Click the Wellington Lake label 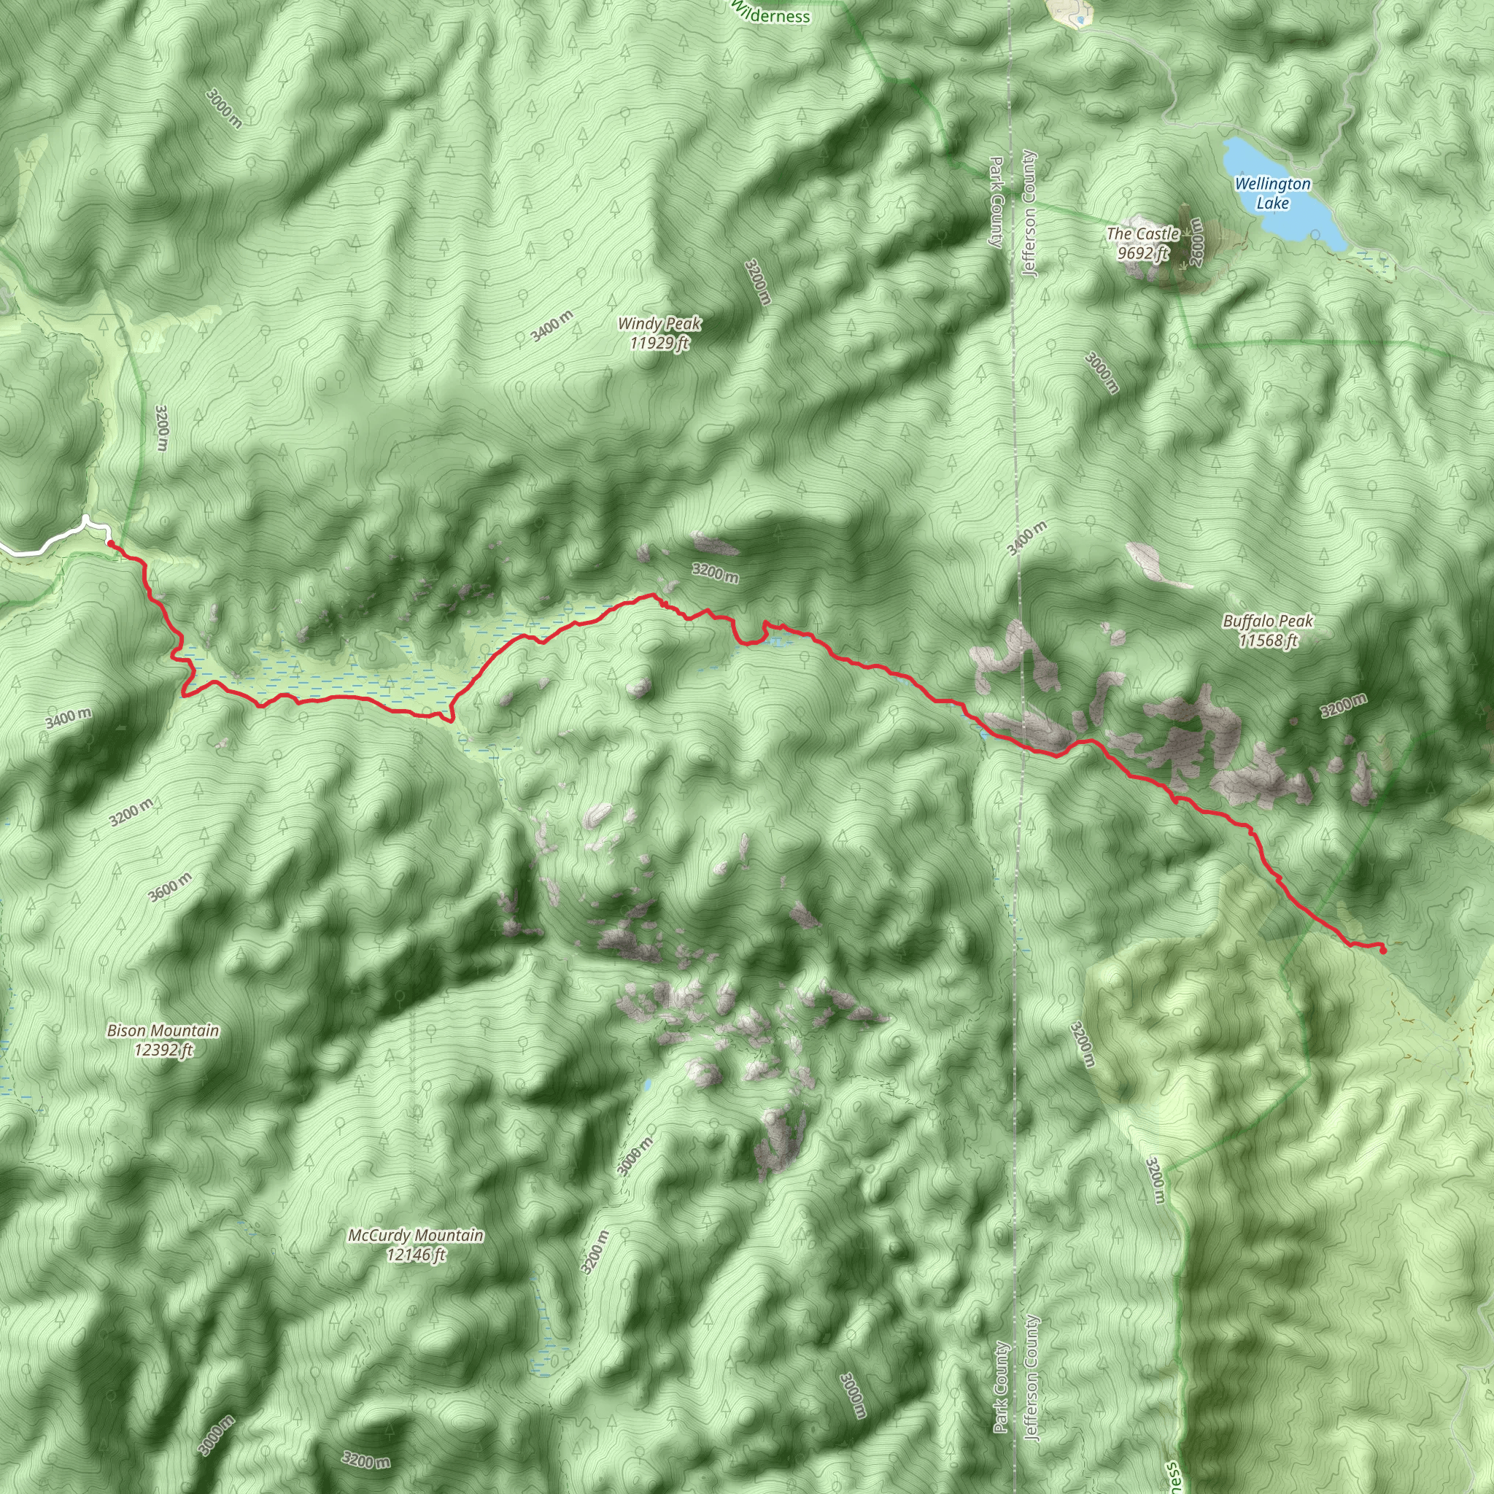tap(1272, 193)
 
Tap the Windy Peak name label tap(659, 323)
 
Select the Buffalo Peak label tap(1267, 621)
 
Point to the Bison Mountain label tap(163, 1031)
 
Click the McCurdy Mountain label tap(416, 1236)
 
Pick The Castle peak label tap(1142, 233)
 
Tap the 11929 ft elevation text tap(659, 343)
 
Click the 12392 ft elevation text tap(163, 1050)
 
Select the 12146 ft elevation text tap(416, 1255)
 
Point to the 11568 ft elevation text tap(1267, 640)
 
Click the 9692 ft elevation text tap(1142, 253)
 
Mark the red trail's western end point tap(111, 544)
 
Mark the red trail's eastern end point tap(1382, 951)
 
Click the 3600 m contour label tap(170, 888)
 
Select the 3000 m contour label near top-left tap(224, 108)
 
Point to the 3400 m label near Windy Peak tap(552, 325)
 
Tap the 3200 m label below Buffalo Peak tap(1343, 705)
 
